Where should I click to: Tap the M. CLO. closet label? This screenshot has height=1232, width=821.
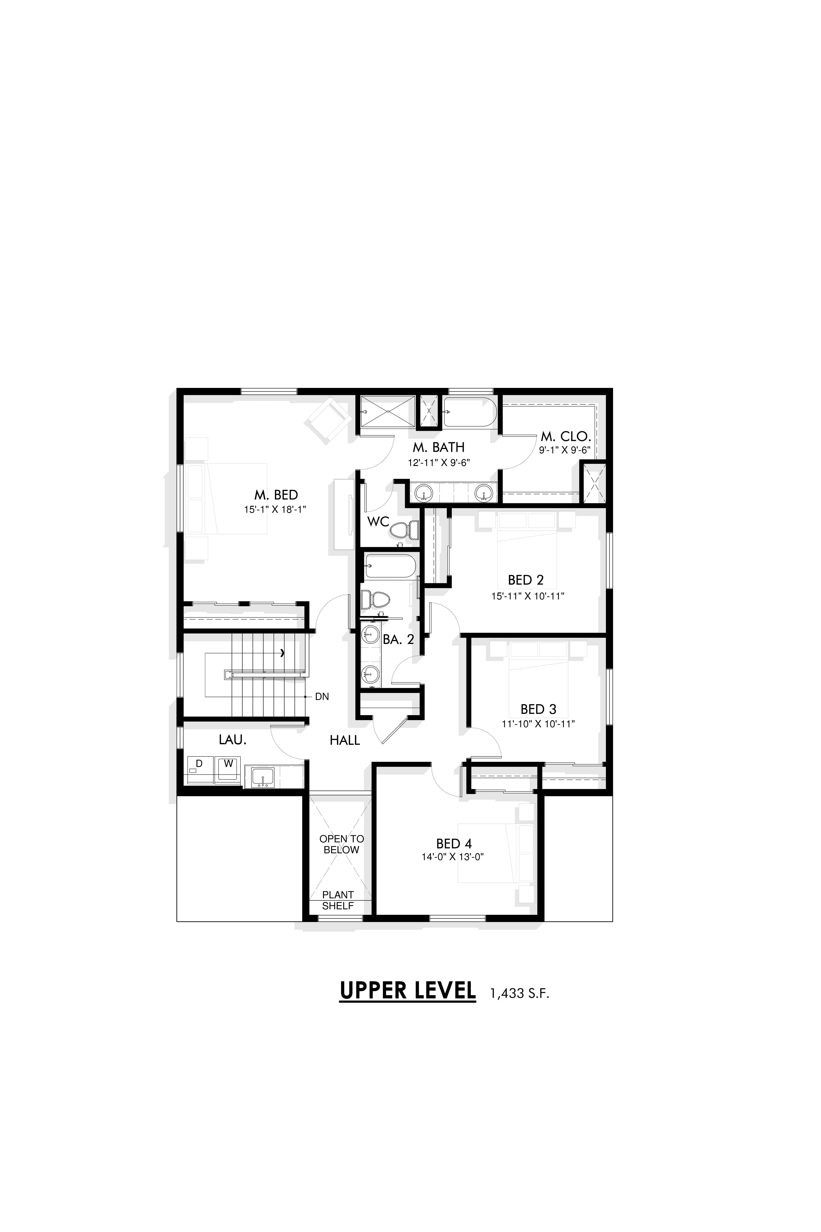(x=566, y=436)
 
